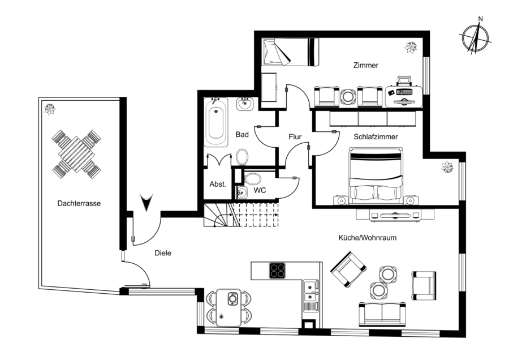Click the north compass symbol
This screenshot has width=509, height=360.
pyautogui.click(x=475, y=38)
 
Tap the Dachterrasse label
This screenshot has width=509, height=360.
pyautogui.click(x=79, y=204)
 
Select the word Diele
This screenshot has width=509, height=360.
pyautogui.click(x=162, y=254)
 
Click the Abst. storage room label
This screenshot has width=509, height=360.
pyautogui.click(x=218, y=184)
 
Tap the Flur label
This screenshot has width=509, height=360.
pyautogui.click(x=295, y=136)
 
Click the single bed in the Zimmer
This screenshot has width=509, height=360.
pyautogui.click(x=290, y=52)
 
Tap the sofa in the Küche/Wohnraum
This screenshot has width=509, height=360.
pyautogui.click(x=382, y=312)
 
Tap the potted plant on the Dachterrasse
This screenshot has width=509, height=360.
pyautogui.click(x=50, y=109)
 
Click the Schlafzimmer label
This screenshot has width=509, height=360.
pyautogui.click(x=376, y=137)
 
